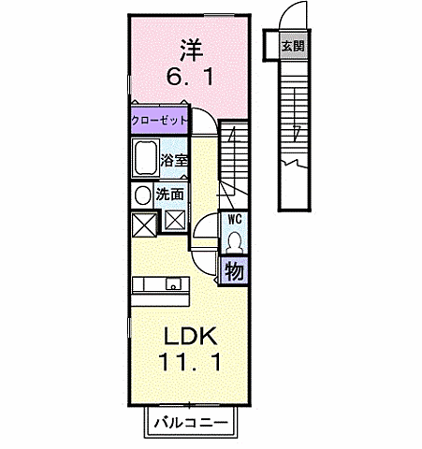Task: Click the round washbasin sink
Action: [141, 195]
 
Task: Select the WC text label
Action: [233, 220]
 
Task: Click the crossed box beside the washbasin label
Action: [175, 222]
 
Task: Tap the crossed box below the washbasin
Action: [143, 224]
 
